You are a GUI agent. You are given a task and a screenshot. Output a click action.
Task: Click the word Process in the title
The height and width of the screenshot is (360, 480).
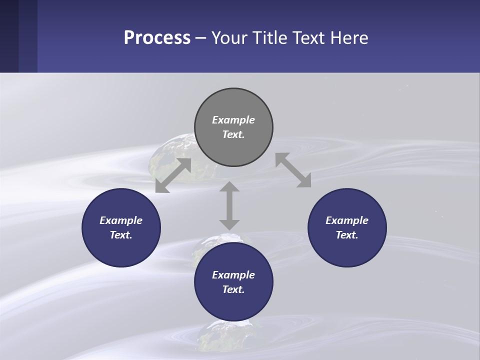(157, 38)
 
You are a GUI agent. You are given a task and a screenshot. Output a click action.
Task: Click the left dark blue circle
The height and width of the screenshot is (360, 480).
(121, 227)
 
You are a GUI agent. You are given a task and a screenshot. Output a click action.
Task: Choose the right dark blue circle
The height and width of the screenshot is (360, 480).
(347, 227)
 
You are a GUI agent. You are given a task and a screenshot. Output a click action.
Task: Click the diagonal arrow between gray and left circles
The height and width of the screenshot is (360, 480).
(173, 175)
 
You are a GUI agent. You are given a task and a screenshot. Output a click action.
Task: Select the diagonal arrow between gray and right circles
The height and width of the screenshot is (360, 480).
(293, 170)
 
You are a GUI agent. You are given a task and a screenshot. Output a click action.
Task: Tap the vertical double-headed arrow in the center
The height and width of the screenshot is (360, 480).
(229, 205)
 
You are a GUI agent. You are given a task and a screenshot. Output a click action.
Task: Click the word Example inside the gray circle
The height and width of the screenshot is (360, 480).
(233, 120)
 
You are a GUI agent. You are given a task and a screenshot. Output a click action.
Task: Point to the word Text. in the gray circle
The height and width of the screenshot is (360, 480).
(233, 134)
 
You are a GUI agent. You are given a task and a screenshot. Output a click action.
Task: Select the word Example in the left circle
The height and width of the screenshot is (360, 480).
(121, 220)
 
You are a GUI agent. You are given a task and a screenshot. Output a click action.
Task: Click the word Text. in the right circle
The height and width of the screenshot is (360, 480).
(347, 235)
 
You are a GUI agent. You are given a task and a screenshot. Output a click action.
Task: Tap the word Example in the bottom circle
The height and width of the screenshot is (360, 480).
(233, 275)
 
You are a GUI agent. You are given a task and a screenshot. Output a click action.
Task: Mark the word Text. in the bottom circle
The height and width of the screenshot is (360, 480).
(233, 289)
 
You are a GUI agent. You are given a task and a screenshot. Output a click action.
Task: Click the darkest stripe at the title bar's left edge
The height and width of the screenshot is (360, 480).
(9, 36)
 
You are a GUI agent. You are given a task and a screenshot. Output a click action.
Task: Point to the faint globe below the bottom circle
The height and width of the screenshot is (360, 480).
(220, 337)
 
